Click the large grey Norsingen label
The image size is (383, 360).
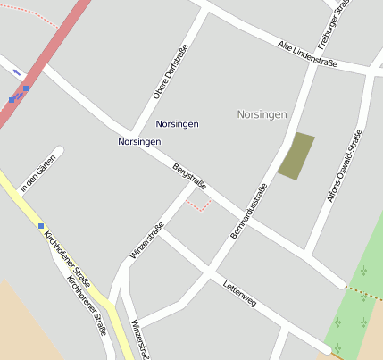pos(262,114)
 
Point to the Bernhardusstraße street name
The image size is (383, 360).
pos(249,211)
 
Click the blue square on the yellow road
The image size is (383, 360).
pos(41,225)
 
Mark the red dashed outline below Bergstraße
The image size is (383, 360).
pos(198,206)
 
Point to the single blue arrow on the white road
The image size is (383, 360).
pos(16,71)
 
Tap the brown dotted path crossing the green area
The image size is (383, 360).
pos(364,294)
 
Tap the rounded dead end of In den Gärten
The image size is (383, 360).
pos(59,151)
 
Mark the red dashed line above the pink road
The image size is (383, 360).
pos(31,15)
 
